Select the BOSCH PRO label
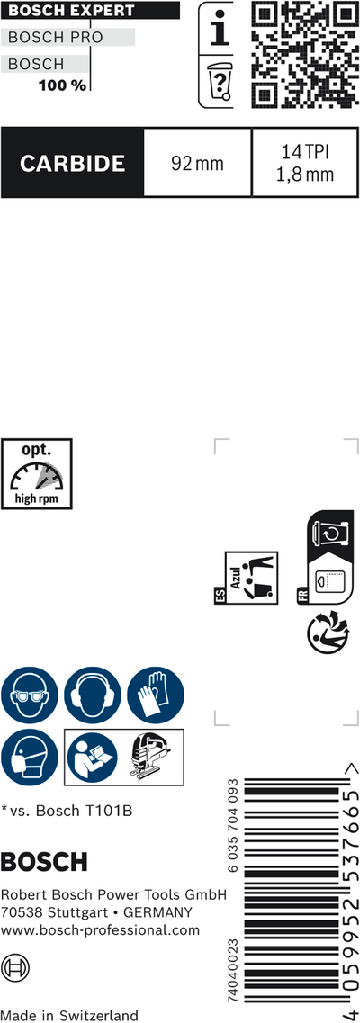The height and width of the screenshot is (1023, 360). coord(56,38)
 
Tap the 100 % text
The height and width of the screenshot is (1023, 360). coord(62,85)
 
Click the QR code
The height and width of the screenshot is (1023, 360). coord(304,54)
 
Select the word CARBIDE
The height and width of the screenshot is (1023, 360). coord(72,163)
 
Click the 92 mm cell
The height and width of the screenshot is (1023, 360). coord(197,163)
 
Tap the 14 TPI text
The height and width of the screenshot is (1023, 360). coord(305,153)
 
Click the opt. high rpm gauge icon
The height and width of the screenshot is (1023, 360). coord(37,473)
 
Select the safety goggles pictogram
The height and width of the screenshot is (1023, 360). coord(30,695)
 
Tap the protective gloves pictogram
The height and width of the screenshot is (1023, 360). coord(155,695)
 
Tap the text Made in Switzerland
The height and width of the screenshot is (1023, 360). coord(70,1015)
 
